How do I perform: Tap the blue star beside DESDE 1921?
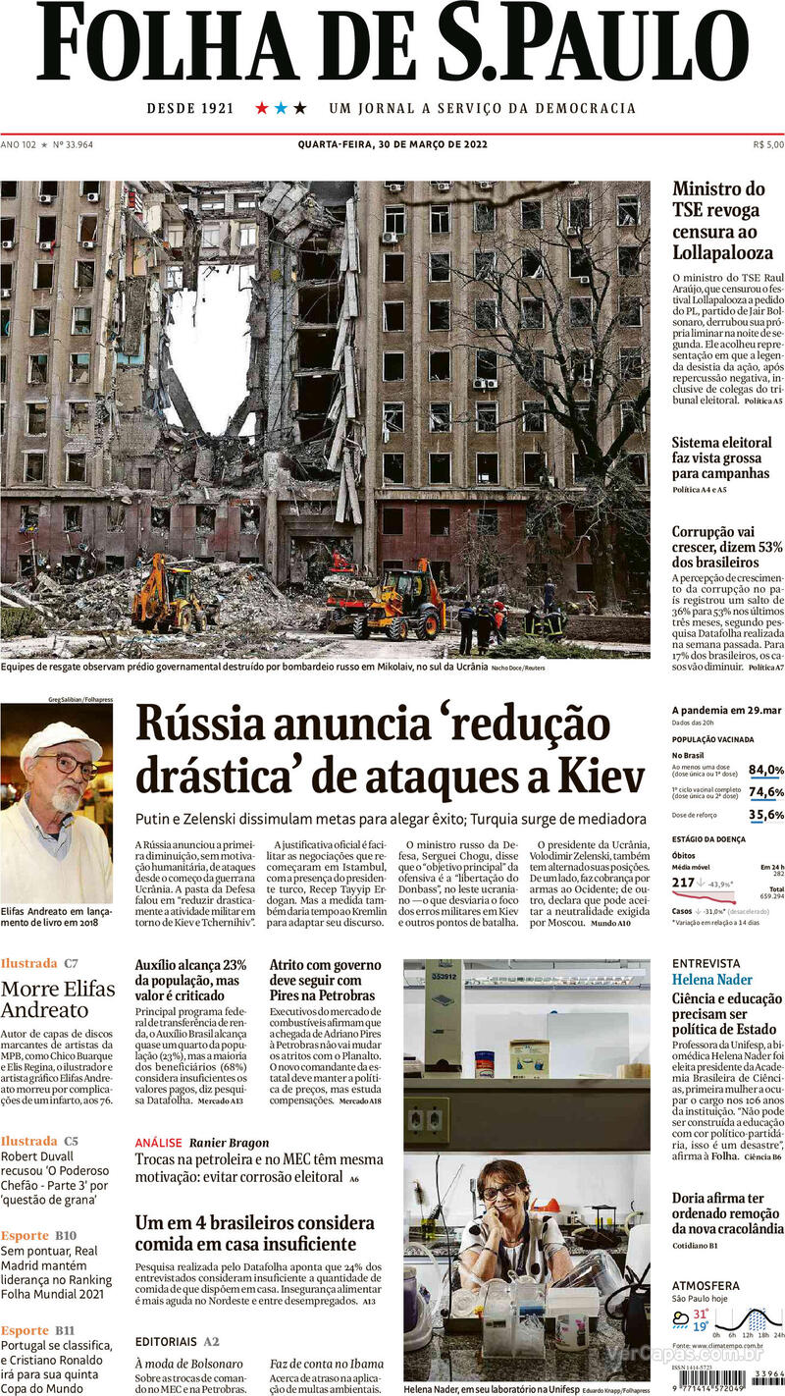[x=281, y=108]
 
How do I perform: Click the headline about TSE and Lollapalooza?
[x=722, y=220]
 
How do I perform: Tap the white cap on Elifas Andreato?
[x=61, y=741]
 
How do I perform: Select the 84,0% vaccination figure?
[x=765, y=770]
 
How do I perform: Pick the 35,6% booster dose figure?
[x=765, y=815]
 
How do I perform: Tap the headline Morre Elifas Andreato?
[x=58, y=998]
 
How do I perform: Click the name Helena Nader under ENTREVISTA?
[x=711, y=980]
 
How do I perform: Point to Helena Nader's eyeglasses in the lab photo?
[x=500, y=1191]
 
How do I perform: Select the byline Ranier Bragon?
[x=229, y=1143]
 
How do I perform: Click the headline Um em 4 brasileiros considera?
[x=255, y=1223]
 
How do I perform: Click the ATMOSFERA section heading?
[x=706, y=1285]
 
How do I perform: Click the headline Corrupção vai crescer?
[x=727, y=547]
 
